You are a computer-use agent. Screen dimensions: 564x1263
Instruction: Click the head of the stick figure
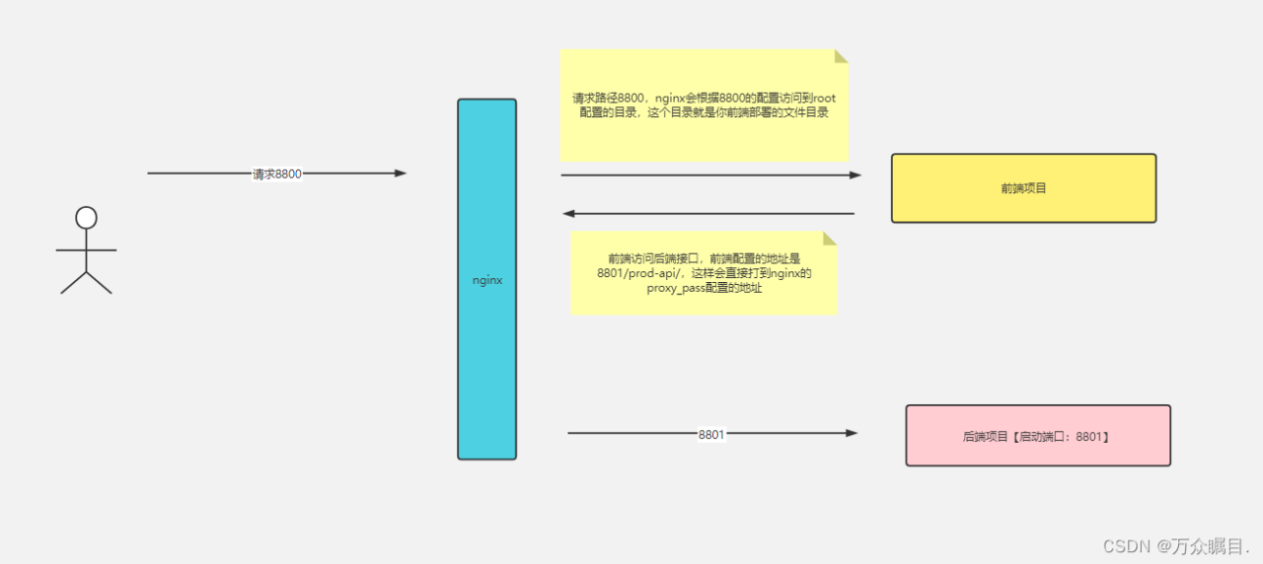point(87,217)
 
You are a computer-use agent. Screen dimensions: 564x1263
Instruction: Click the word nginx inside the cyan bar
point(487,280)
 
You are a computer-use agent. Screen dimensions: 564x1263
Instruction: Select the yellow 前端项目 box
point(1023,203)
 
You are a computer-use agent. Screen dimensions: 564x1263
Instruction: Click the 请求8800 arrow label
point(277,174)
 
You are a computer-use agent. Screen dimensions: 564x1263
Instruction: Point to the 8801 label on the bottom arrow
point(711,433)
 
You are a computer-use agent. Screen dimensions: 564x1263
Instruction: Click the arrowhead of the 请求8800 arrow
point(401,174)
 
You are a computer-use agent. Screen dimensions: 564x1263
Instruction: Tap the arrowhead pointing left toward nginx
point(568,213)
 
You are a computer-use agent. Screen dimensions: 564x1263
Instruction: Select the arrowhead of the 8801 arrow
point(852,433)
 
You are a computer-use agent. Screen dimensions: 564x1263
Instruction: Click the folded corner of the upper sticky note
point(842,56)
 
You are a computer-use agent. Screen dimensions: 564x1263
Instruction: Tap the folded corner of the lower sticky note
point(830,238)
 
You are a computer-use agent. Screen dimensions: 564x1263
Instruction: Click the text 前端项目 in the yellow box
point(1023,187)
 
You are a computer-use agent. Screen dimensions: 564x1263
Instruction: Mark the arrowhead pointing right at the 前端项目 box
point(855,176)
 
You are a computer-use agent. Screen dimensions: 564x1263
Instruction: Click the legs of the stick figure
point(87,283)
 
